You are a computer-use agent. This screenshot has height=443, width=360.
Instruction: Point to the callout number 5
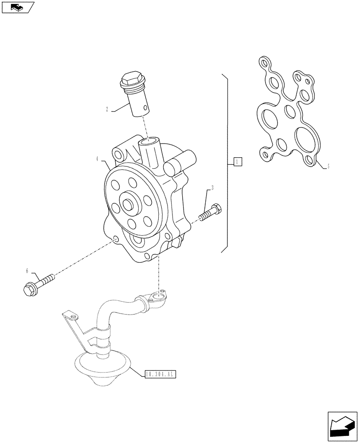click(x=328, y=167)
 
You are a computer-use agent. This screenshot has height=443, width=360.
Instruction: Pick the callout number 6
click(x=27, y=270)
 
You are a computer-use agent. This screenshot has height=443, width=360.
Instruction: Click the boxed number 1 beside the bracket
click(x=238, y=162)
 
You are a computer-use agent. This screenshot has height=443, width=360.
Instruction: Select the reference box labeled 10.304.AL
click(x=160, y=375)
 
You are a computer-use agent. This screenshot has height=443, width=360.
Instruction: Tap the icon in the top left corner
click(x=18, y=7)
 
